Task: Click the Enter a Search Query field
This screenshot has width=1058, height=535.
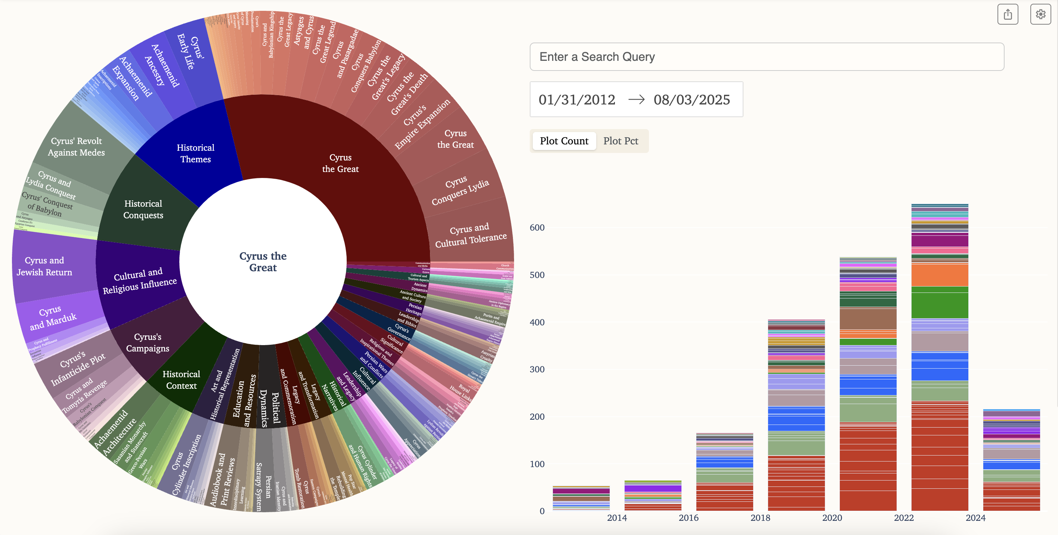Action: [x=766, y=57]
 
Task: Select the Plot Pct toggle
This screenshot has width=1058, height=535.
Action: [x=620, y=141]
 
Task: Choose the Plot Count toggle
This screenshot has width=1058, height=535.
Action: [x=564, y=141]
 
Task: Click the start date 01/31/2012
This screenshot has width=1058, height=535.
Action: [x=577, y=100]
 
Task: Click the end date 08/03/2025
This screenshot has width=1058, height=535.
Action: [x=692, y=100]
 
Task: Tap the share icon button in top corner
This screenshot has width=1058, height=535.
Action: [x=1008, y=14]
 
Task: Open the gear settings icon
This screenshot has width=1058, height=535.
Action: [x=1040, y=14]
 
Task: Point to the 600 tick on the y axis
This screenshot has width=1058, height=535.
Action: [x=537, y=228]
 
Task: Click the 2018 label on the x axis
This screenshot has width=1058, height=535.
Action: [x=760, y=518]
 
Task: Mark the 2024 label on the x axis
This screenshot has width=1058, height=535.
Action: [x=975, y=518]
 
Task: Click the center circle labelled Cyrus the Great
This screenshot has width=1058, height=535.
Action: [x=263, y=262]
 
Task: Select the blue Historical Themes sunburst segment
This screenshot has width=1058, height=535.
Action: [x=195, y=153]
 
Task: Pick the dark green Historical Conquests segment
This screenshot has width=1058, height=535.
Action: [x=143, y=209]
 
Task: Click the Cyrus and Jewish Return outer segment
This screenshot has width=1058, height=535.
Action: [x=44, y=266]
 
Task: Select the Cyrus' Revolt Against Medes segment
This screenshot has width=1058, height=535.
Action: [x=76, y=147]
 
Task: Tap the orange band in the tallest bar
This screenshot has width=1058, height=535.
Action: [x=939, y=275]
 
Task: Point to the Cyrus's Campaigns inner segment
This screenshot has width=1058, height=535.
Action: [x=148, y=342]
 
